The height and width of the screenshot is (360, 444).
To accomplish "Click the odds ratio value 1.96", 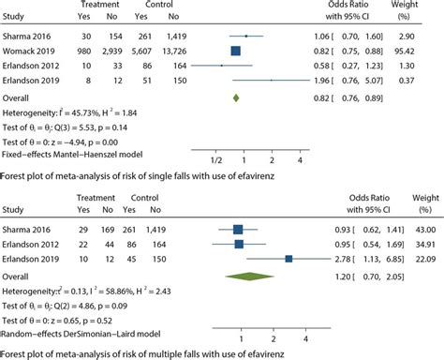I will point(348,81).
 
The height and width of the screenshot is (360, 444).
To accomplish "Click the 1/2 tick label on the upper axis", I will point(215,162).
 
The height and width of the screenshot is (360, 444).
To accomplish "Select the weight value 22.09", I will point(427,257).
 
